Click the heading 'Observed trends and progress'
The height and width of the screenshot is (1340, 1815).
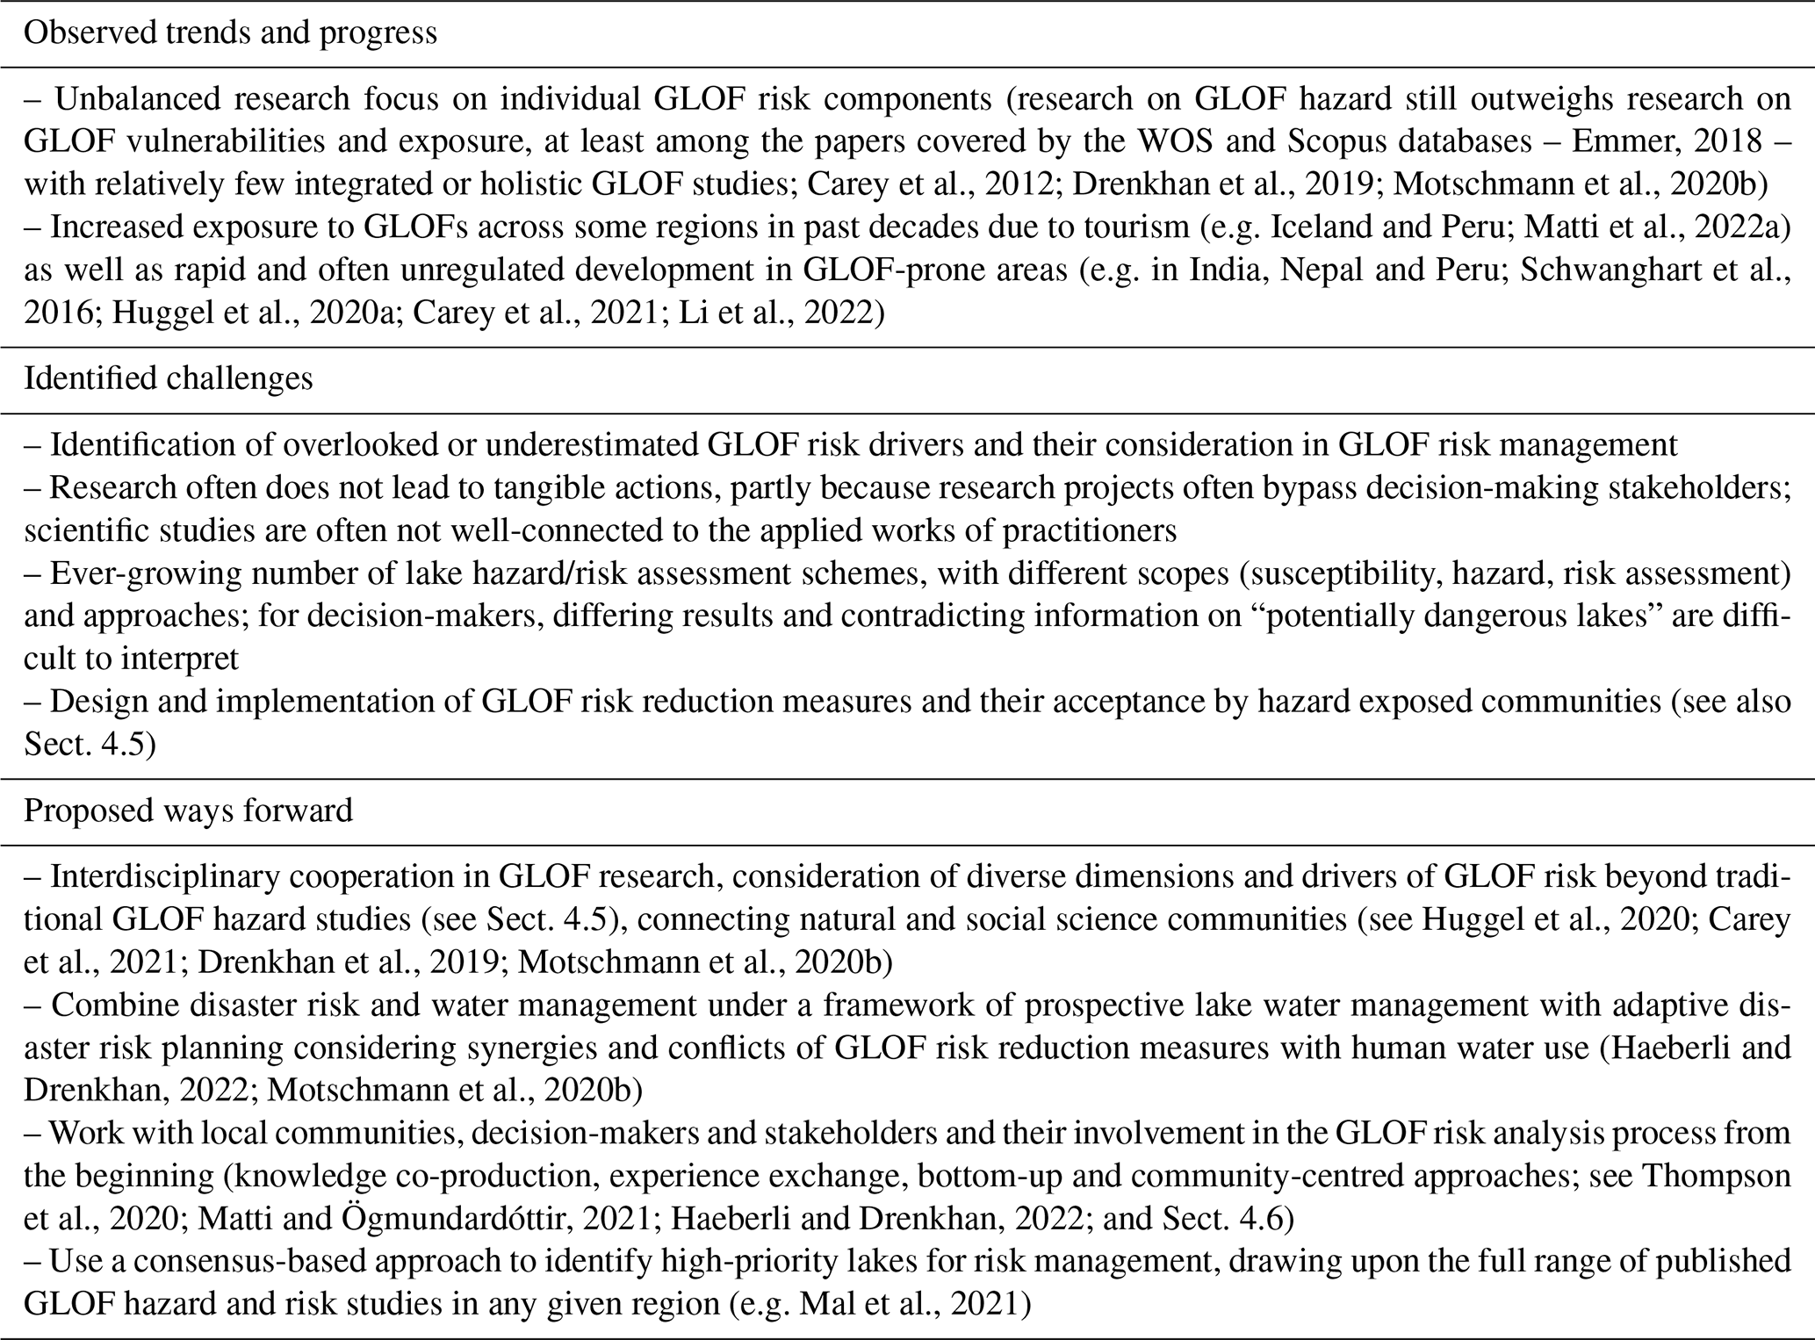tap(230, 33)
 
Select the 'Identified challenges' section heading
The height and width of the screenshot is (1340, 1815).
tap(168, 378)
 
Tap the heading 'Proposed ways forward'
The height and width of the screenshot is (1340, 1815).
tap(188, 809)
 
